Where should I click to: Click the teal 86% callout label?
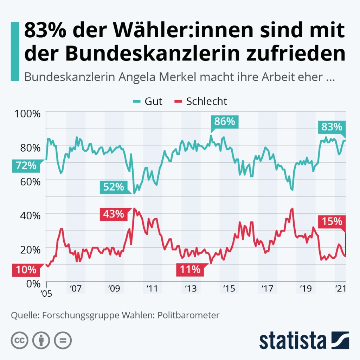click(x=225, y=122)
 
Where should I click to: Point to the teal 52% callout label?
click(x=113, y=187)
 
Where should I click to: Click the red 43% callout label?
click(x=113, y=214)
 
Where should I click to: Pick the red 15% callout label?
click(x=332, y=221)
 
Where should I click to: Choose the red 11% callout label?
click(x=190, y=270)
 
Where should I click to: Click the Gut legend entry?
click(x=148, y=101)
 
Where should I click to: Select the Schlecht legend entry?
click(x=201, y=101)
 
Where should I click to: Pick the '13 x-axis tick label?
click(x=190, y=289)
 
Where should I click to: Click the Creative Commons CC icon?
click(x=20, y=340)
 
